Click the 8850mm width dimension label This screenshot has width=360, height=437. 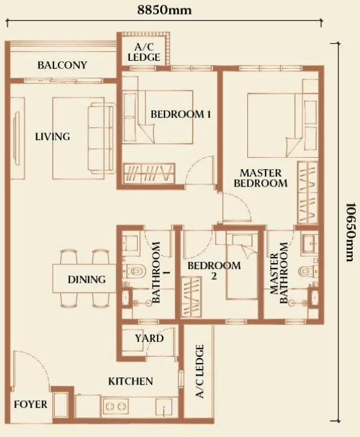pyautogui.click(x=164, y=10)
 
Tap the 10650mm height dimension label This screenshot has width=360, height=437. pyautogui.click(x=351, y=232)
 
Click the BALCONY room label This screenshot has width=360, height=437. pyautogui.click(x=63, y=65)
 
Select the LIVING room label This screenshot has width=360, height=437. pyautogui.click(x=52, y=137)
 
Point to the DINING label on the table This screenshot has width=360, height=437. pyautogui.click(x=87, y=279)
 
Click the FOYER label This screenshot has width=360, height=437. pyautogui.click(x=31, y=404)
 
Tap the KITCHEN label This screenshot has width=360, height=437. pyautogui.click(x=131, y=381)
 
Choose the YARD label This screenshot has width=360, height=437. pyautogui.click(x=149, y=338)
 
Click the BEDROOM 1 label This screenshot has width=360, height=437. pyautogui.click(x=181, y=114)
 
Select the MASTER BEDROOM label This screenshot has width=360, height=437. pyautogui.click(x=261, y=178)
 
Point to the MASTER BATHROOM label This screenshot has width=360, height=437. pyautogui.click(x=279, y=273)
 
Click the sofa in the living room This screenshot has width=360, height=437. pyautogui.click(x=101, y=138)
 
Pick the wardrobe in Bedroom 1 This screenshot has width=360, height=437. pyautogui.click(x=149, y=173)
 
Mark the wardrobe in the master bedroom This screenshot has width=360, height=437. pyautogui.click(x=308, y=192)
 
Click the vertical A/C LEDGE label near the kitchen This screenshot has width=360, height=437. pyautogui.click(x=200, y=371)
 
